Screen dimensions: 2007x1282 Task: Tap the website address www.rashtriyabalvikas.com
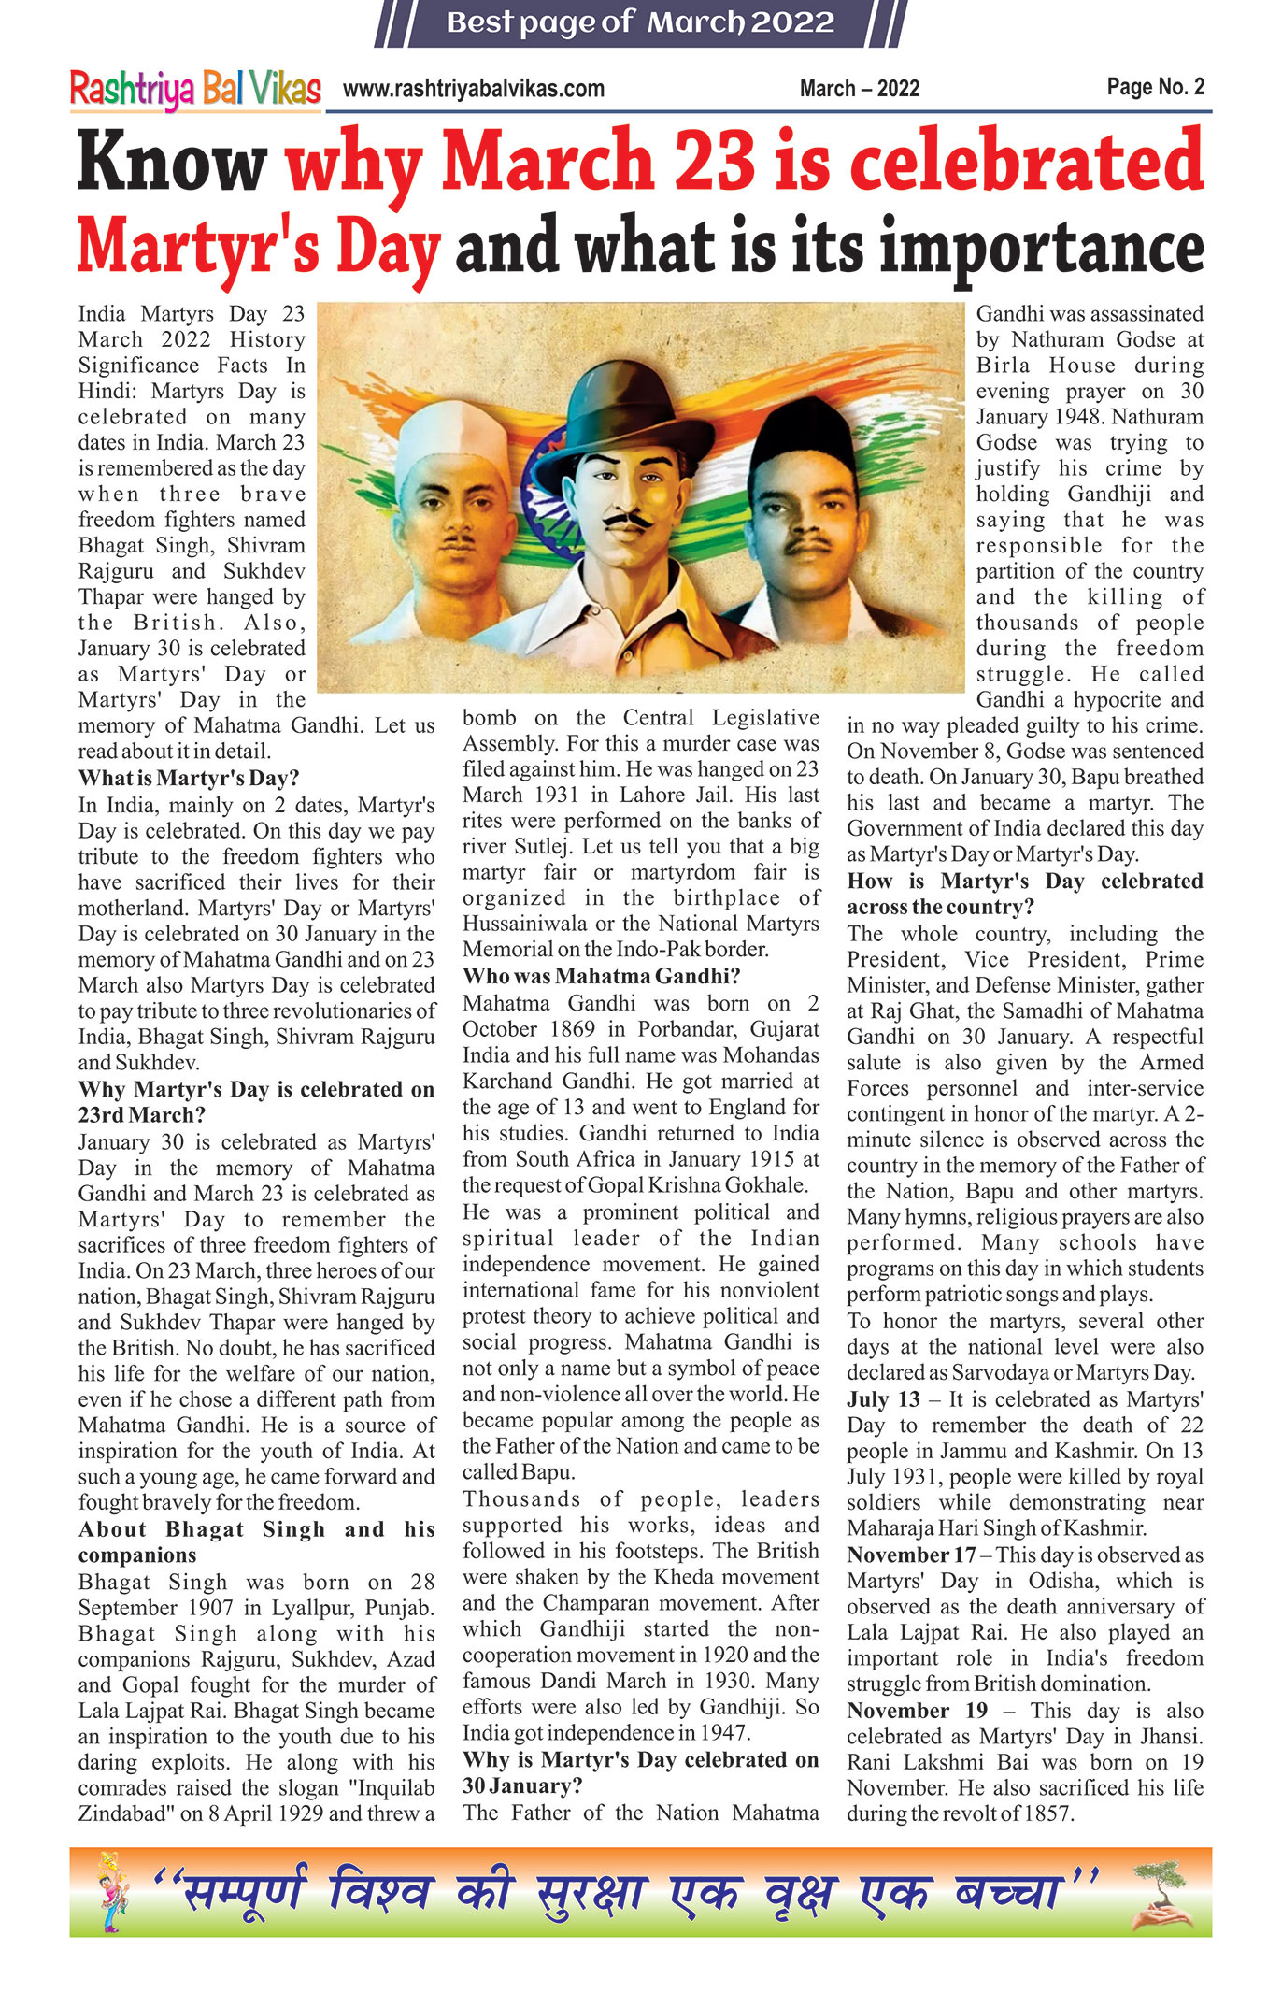click(473, 89)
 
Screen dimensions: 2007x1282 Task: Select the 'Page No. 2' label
click(1155, 87)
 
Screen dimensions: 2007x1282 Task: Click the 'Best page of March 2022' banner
click(640, 22)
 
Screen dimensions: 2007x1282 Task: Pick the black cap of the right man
click(805, 435)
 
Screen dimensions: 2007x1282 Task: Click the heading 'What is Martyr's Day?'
click(189, 778)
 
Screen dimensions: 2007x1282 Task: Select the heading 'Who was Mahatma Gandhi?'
click(601, 976)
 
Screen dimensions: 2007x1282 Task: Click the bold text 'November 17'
click(911, 1555)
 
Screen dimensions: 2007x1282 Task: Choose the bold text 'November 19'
click(917, 1710)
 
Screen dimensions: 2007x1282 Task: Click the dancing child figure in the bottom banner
click(112, 1892)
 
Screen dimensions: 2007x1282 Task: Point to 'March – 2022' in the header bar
click(859, 89)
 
